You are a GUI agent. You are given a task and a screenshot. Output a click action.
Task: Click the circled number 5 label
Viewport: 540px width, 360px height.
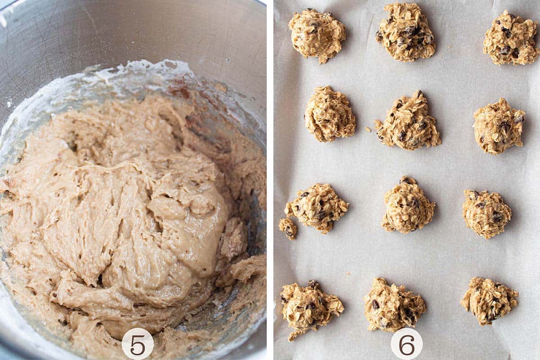point(137,343)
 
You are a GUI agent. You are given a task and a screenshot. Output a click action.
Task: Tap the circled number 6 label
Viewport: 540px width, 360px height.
point(406,343)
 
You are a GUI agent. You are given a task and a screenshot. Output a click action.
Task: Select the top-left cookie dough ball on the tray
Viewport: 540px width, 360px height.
point(317,34)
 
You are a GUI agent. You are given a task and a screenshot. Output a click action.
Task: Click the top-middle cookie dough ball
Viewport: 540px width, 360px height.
point(406,32)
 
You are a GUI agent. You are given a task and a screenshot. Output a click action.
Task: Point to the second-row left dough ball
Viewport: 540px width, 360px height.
point(330,114)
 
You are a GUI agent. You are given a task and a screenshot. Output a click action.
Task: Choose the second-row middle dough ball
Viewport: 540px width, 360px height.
point(408,121)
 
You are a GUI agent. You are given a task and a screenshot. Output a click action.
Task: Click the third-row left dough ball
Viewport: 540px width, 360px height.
point(318,207)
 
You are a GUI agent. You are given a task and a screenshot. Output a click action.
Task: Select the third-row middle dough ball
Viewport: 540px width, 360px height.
point(407,206)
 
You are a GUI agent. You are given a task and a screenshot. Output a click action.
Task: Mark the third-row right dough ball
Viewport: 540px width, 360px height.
point(487,214)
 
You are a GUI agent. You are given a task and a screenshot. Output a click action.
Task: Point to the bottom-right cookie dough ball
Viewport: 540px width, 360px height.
point(489,299)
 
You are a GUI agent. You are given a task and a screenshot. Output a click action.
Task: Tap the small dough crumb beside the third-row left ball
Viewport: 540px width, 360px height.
point(288,227)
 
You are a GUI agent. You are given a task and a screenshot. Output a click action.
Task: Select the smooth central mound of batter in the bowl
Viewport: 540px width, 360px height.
point(180,211)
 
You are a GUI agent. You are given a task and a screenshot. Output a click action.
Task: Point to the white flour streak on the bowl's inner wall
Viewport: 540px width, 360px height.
point(148,70)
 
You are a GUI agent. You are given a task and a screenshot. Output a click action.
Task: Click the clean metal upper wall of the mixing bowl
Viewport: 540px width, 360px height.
point(135,31)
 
